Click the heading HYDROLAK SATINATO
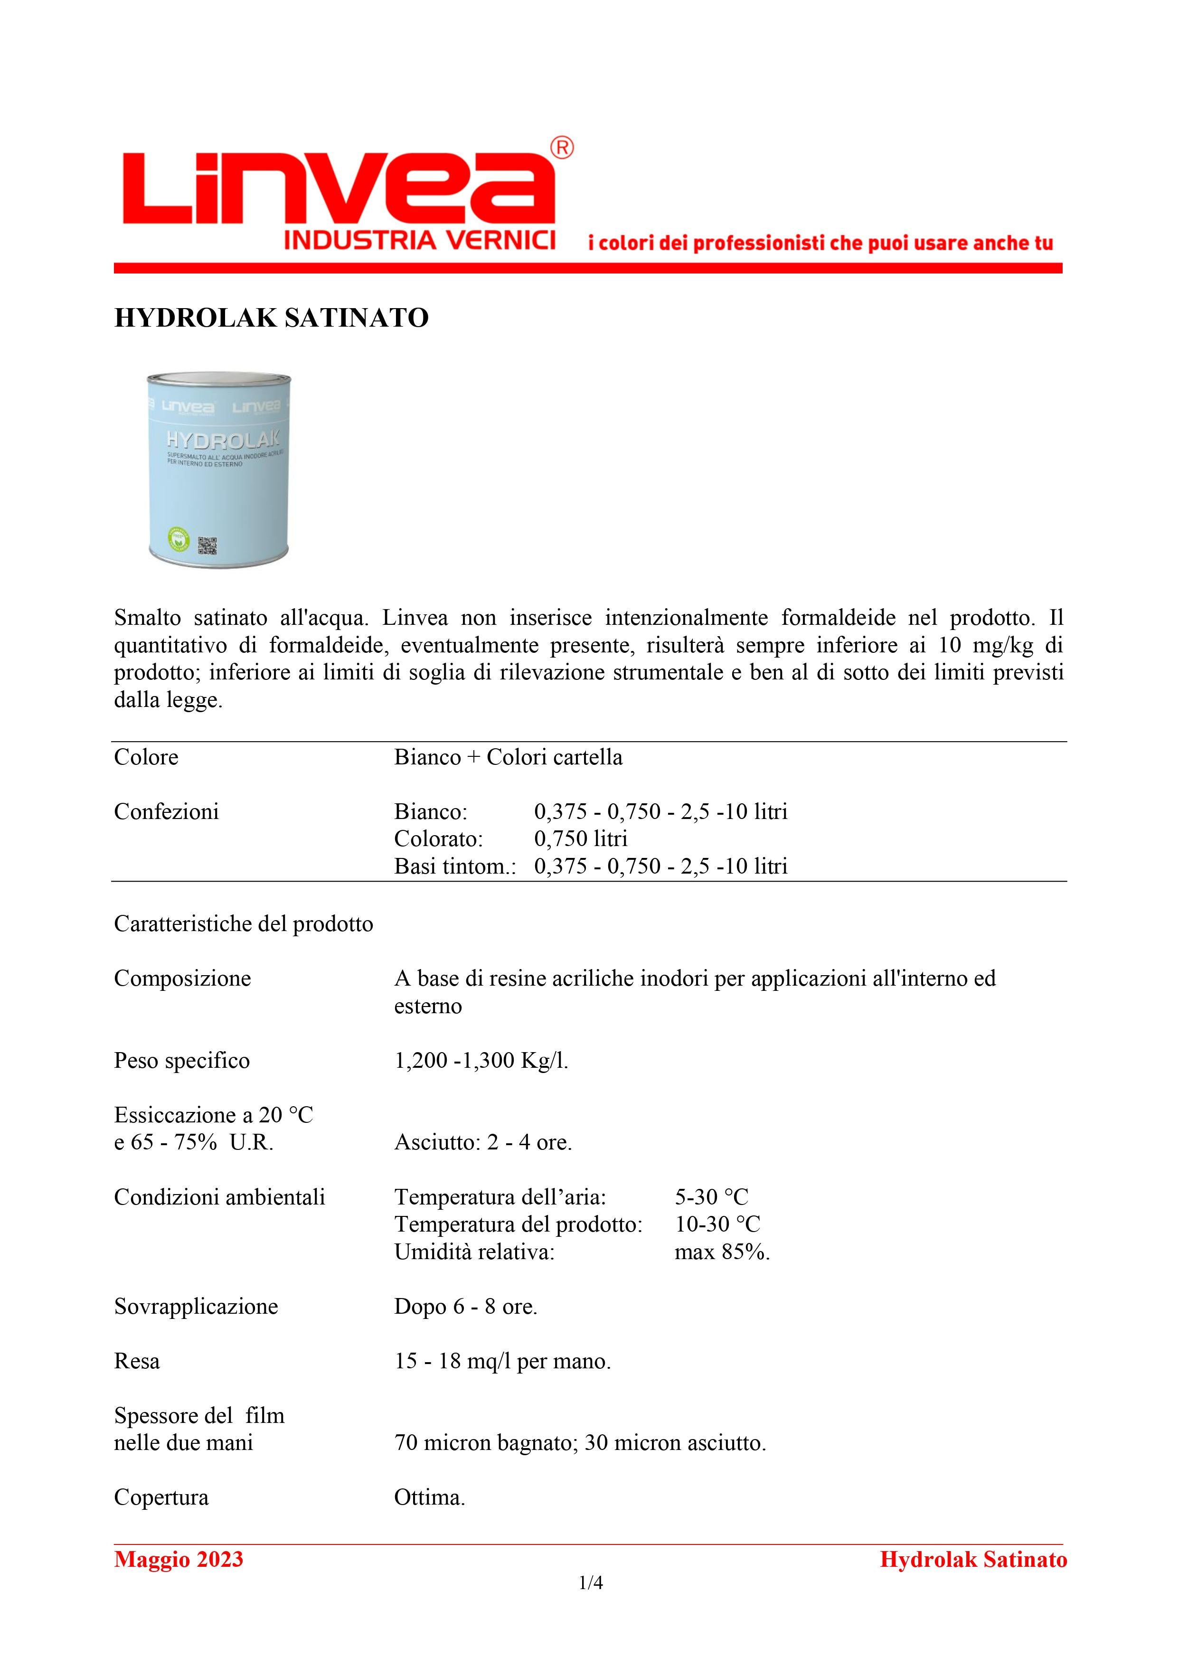click(272, 318)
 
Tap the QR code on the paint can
click(207, 544)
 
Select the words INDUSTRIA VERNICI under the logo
click(420, 240)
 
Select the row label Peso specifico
click(181, 1061)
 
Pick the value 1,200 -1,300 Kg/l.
click(481, 1061)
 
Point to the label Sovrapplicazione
click(196, 1307)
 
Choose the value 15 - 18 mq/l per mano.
click(502, 1361)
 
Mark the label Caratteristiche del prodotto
click(243, 924)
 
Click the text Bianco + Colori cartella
click(508, 757)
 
